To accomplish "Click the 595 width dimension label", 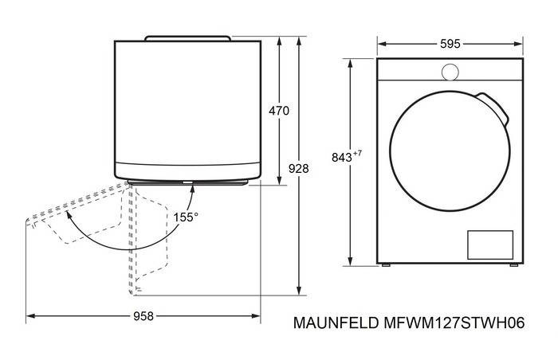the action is tap(450, 44).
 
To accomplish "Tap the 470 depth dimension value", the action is tap(279, 111).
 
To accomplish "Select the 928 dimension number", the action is tap(299, 169).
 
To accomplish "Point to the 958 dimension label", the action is tap(143, 316).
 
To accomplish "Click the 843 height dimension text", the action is tap(342, 157).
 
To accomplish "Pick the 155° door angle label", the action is tap(186, 217).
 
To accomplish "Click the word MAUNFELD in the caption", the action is tap(336, 323).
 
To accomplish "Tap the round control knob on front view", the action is tap(450, 72).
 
